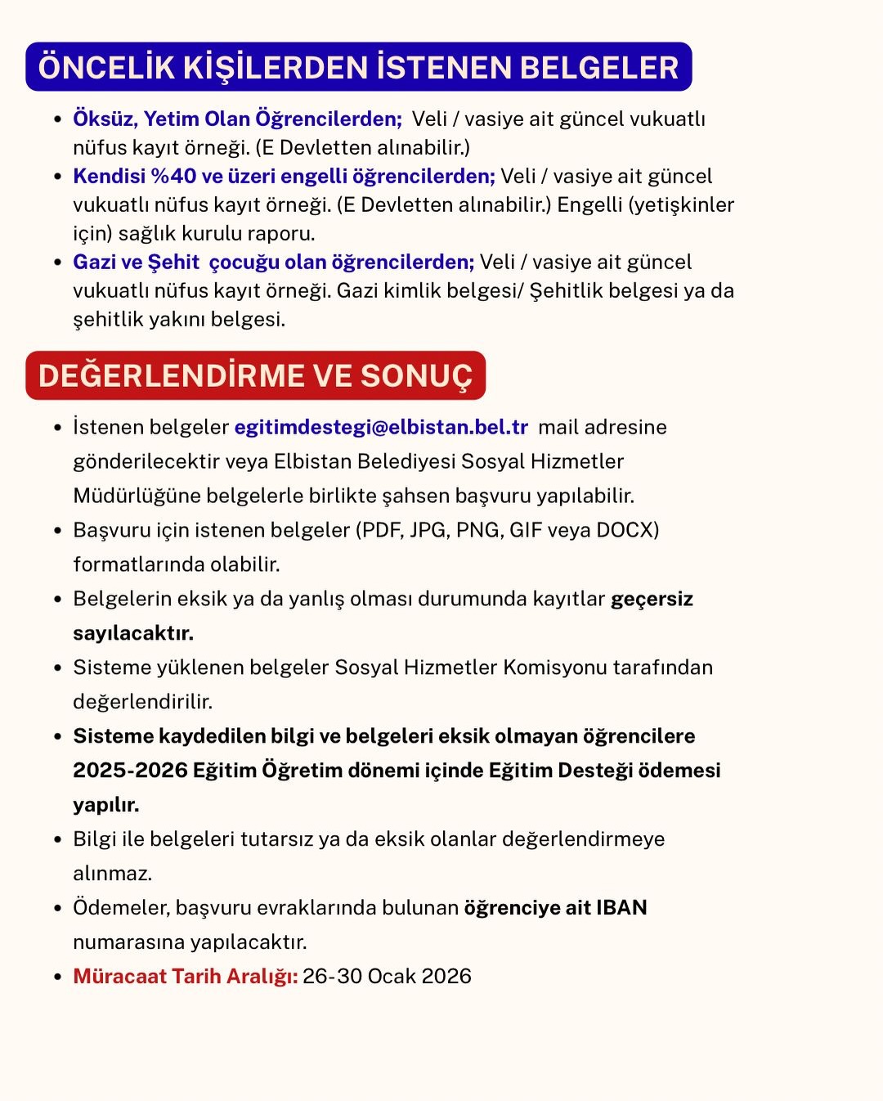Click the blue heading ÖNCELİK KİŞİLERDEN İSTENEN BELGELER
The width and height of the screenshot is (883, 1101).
tap(358, 67)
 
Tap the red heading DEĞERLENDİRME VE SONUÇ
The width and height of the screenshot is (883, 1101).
tap(255, 375)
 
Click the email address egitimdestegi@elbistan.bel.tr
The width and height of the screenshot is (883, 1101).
tap(381, 427)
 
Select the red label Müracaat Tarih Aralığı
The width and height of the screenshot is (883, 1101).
tap(185, 976)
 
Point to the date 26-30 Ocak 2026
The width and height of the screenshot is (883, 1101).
tap(387, 976)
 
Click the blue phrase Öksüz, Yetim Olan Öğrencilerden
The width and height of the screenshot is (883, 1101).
tap(237, 119)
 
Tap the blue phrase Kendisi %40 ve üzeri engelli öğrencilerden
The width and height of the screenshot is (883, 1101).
tap(284, 176)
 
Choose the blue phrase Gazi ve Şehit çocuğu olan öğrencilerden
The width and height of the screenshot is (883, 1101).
tap(273, 262)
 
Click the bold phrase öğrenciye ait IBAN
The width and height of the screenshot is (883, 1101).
tap(555, 907)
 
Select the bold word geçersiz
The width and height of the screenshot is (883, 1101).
tap(652, 599)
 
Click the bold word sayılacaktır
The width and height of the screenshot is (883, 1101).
tap(133, 633)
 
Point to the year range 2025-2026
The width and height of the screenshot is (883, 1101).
tap(130, 771)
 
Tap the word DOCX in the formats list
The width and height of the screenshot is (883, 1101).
tap(627, 530)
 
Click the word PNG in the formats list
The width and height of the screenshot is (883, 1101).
tap(479, 530)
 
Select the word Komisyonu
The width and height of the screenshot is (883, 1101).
tap(554, 667)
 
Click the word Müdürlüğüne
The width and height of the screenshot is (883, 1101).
tap(137, 496)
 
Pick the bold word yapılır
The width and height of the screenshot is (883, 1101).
tap(105, 805)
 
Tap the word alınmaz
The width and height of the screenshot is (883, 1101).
tap(112, 874)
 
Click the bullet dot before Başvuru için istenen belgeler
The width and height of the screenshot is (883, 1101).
tap(57, 531)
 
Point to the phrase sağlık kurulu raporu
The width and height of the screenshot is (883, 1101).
tap(217, 233)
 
